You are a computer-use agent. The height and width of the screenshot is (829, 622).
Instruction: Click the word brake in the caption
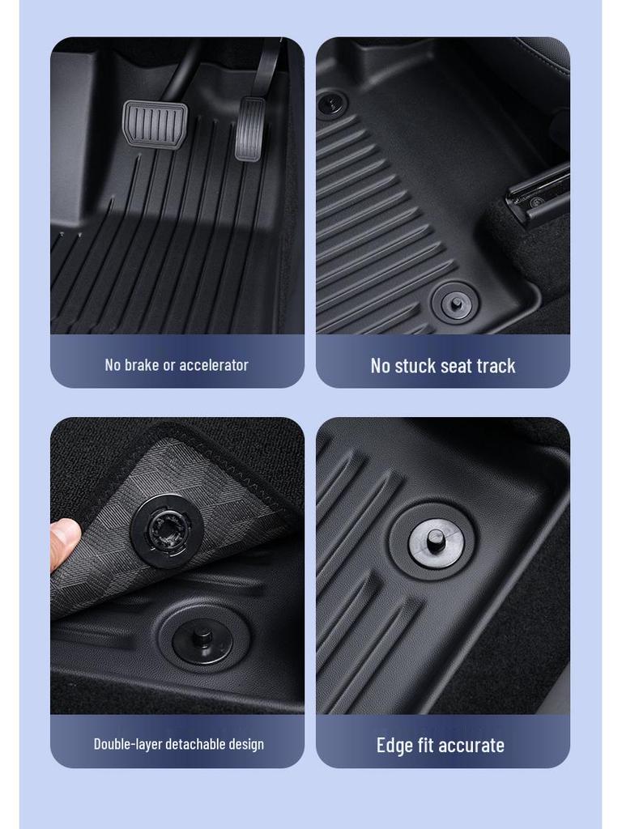click(x=142, y=365)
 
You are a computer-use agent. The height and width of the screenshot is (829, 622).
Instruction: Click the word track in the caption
click(x=496, y=366)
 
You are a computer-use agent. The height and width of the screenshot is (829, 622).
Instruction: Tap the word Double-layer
click(x=127, y=744)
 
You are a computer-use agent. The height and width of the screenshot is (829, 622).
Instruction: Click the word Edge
click(x=394, y=746)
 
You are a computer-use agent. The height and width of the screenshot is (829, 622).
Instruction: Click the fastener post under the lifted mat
click(x=202, y=637)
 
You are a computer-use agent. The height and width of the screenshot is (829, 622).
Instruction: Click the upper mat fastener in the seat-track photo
click(x=331, y=104)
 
